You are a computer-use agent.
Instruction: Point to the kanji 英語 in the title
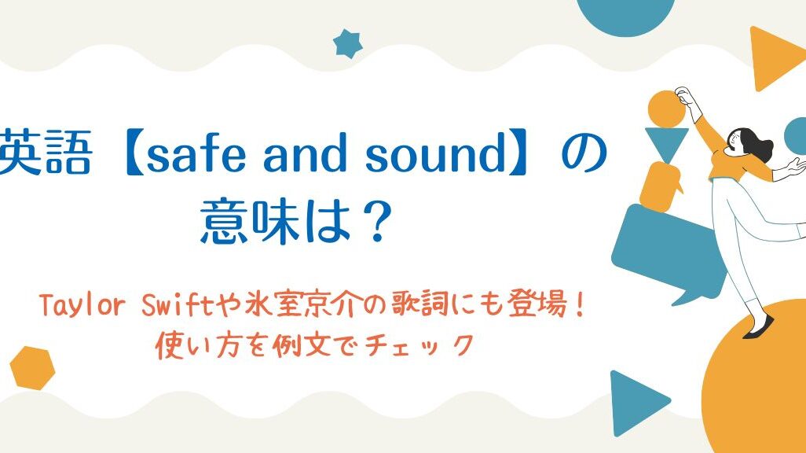click(x=45, y=153)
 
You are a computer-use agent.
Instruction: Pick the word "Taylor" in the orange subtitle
click(x=82, y=306)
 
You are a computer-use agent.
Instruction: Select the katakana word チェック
click(x=419, y=345)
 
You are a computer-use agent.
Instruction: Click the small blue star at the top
click(x=347, y=44)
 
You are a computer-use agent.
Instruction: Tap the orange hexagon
click(x=32, y=368)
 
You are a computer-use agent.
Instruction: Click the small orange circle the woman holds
click(x=667, y=109)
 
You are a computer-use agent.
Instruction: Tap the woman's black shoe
click(x=759, y=327)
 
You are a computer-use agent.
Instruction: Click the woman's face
click(x=734, y=139)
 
